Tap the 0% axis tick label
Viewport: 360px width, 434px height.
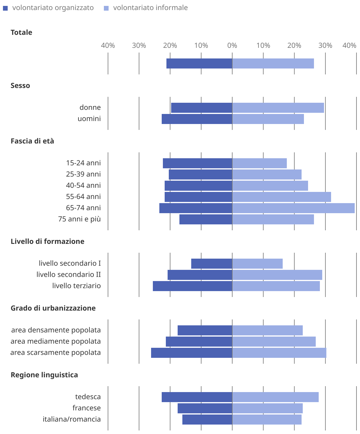click(232, 45)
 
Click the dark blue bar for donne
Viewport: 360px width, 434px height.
click(202, 108)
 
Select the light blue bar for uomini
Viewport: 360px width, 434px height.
click(268, 119)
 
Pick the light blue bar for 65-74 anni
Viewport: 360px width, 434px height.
click(293, 208)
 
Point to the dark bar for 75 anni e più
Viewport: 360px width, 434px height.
click(206, 219)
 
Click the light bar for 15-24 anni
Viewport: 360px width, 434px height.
click(259, 163)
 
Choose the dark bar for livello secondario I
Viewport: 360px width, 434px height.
click(212, 264)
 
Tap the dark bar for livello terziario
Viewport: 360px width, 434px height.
click(192, 286)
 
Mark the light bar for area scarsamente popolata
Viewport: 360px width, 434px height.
click(279, 353)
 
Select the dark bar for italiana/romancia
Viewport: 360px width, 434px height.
click(207, 420)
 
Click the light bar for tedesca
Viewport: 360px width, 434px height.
click(275, 397)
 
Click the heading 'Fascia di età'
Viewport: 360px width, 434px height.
click(32, 141)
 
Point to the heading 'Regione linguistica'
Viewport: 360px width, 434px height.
click(44, 375)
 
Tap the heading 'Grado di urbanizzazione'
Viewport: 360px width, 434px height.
click(53, 308)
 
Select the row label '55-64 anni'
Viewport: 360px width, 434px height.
click(83, 197)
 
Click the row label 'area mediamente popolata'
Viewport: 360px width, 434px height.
click(56, 341)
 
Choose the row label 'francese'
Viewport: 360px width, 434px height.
click(86, 408)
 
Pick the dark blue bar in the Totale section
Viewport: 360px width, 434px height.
click(199, 63)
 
